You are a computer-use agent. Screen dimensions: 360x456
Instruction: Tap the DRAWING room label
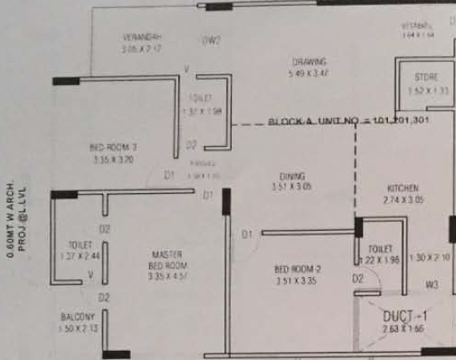click(x=309, y=61)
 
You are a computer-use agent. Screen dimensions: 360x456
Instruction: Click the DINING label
click(x=291, y=176)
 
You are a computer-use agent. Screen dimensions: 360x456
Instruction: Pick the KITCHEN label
click(x=403, y=189)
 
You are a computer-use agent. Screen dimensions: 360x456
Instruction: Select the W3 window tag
click(x=432, y=285)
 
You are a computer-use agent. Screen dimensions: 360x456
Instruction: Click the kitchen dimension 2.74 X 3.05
click(x=403, y=201)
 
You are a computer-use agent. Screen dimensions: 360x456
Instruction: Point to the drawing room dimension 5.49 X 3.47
click(x=309, y=74)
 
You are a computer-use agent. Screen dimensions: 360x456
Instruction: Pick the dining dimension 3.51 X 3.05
click(x=291, y=188)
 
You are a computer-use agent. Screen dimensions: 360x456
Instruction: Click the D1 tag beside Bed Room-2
click(x=247, y=234)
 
